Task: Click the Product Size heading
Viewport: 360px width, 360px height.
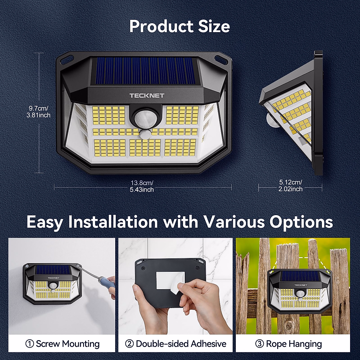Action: (x=180, y=26)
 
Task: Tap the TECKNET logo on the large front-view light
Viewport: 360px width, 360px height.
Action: (x=147, y=96)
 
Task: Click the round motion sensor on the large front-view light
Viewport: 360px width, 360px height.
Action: (x=143, y=118)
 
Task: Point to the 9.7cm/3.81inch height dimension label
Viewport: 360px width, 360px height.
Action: (x=38, y=111)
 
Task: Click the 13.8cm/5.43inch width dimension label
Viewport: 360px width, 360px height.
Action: (x=142, y=186)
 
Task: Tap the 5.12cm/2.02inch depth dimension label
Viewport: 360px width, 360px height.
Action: (x=290, y=186)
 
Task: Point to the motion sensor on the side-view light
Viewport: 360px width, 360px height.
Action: (x=271, y=120)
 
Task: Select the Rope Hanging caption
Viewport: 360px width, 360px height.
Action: (x=294, y=344)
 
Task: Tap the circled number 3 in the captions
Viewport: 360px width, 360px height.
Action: (x=259, y=344)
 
